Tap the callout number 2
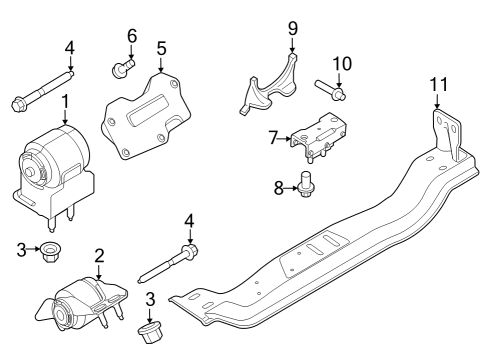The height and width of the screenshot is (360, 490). tap(99, 254)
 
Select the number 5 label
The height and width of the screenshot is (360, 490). tap(160, 47)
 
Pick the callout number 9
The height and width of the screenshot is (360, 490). tap(293, 27)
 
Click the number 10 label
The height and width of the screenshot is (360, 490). tap(342, 64)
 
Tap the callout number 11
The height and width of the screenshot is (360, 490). tap(436, 85)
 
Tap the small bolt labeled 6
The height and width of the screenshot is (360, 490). tap(122, 69)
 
